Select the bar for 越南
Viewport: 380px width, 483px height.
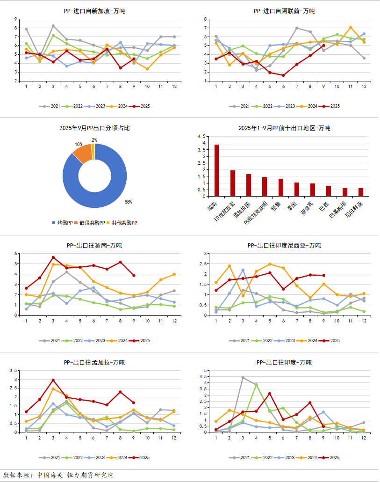tap(216, 170)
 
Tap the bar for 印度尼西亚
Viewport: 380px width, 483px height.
tap(232, 183)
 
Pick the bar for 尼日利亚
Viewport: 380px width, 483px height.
tap(360, 192)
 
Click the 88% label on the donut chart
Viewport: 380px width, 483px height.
tap(128, 202)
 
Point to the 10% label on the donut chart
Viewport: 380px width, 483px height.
tap(78, 145)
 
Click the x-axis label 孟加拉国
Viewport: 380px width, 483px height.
tap(243, 210)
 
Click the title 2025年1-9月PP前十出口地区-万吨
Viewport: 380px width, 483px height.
tap(284, 128)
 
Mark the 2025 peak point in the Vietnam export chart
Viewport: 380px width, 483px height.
tap(53, 257)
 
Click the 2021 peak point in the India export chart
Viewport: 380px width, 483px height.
tap(243, 377)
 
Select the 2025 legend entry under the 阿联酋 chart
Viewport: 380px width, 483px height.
tap(332, 106)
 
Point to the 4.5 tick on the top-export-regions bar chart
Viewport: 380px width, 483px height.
tap(203, 137)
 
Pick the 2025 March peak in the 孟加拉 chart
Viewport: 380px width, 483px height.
tap(53, 380)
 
